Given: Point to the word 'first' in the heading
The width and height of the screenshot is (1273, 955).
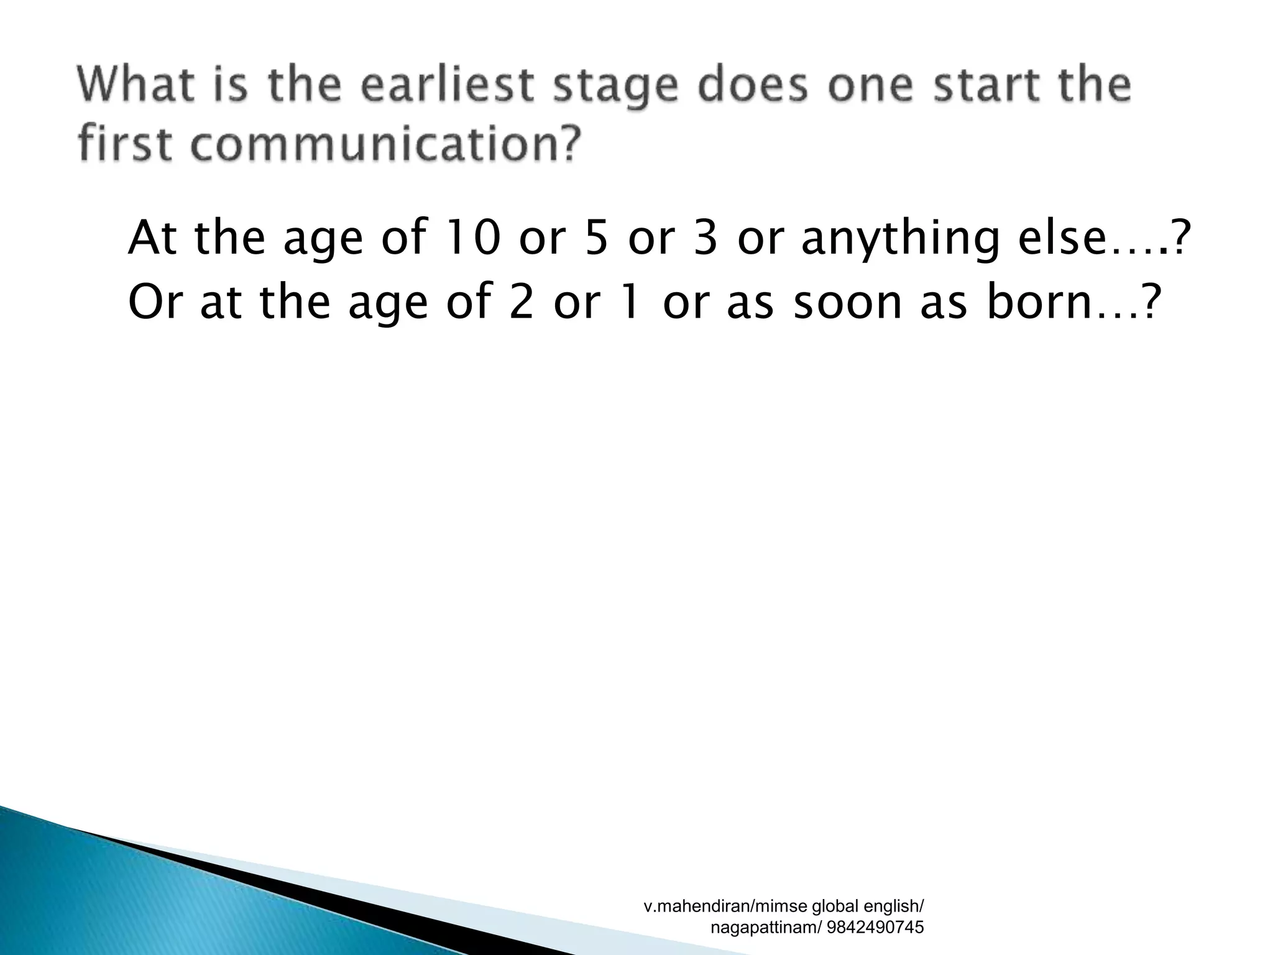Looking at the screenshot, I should click(x=124, y=142).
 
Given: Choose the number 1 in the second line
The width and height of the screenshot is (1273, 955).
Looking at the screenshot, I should click(x=630, y=302).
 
